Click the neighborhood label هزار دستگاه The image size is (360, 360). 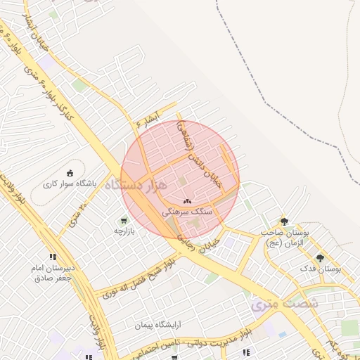pos(137,185)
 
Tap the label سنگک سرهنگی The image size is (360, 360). pos(187,211)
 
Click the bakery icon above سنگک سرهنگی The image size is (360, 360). pos(187,202)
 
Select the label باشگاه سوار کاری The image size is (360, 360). pos(70,184)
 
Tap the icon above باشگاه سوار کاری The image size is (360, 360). pos(70,173)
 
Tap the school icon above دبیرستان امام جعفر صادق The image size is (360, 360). pos(53,257)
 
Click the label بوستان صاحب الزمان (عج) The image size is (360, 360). pos(285,237)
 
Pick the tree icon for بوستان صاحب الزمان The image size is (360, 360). pos(284,221)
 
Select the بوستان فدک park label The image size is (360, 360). pos(321,269)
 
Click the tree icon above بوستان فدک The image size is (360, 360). pos(321,258)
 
